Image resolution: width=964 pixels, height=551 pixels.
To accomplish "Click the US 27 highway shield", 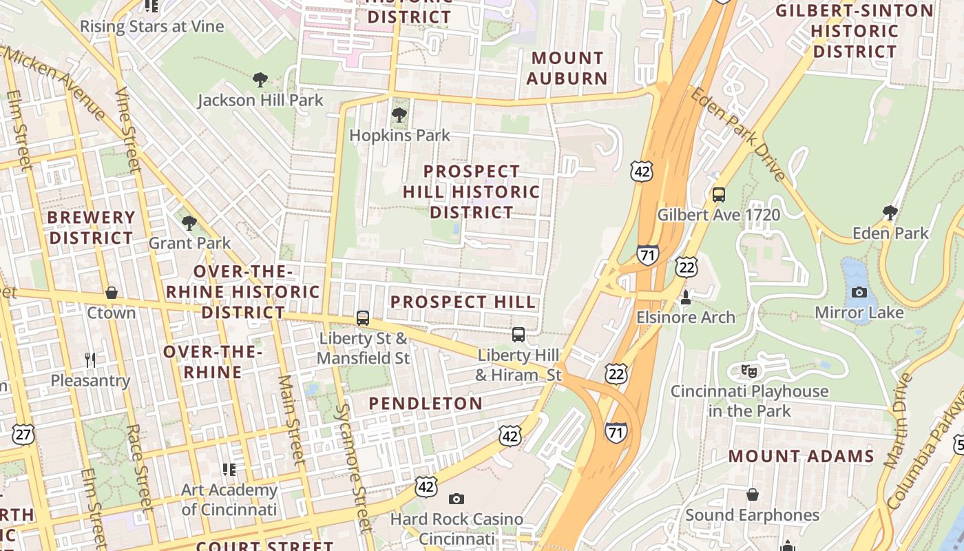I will point(23,435).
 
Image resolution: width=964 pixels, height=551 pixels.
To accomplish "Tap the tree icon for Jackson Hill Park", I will point(260,80).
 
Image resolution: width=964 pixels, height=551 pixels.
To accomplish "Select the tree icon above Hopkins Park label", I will point(399,114).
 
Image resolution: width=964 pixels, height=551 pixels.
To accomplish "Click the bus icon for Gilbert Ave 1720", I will point(719,194).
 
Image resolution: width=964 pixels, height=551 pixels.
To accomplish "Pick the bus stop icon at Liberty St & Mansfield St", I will point(363,318).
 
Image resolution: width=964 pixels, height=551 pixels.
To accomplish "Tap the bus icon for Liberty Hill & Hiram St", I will point(518,335).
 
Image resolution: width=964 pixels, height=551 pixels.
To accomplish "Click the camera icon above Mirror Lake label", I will point(859,292).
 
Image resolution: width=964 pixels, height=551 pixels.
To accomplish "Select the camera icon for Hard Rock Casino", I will point(456,499).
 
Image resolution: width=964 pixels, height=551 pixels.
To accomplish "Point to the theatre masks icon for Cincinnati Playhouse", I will point(749,371).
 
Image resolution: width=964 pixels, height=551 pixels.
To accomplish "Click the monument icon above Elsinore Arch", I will point(685,298).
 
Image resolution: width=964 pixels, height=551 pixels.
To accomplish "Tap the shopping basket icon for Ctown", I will point(112,293).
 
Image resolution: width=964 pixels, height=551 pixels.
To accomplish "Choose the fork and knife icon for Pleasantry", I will point(90,360).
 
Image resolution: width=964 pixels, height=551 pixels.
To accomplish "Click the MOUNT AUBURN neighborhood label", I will point(567,68).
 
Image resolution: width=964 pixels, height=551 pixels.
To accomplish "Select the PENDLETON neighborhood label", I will point(426,404).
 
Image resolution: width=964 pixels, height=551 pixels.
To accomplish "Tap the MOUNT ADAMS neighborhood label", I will point(801,456).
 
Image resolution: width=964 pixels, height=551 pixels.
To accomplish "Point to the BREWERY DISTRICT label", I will point(91,227).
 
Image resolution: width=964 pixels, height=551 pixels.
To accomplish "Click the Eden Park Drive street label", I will point(740,134).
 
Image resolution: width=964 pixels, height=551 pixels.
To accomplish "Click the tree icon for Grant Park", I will point(189,222).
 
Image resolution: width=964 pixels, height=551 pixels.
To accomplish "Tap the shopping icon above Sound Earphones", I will point(752,495).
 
